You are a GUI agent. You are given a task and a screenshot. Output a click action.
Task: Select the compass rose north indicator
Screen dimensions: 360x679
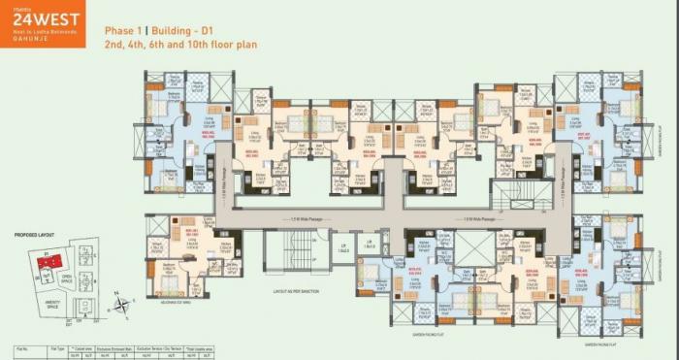(x=120, y=304)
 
